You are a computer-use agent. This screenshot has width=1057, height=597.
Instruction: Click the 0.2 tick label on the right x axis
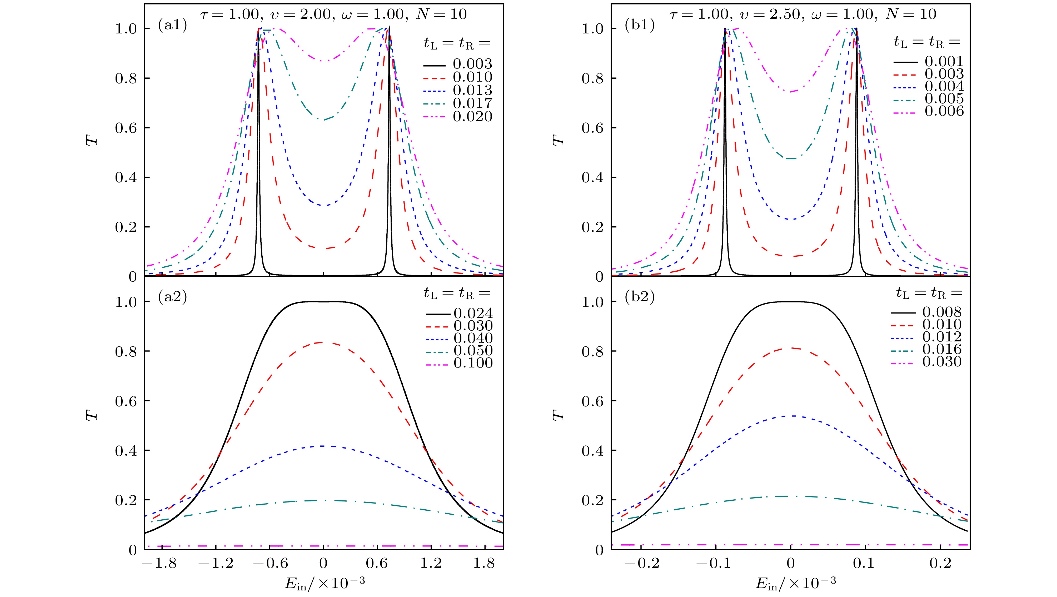tap(940, 563)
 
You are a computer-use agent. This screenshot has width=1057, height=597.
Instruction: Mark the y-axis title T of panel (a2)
tap(93, 414)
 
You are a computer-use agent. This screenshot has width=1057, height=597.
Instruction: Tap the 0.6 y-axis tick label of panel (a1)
tap(126, 128)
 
